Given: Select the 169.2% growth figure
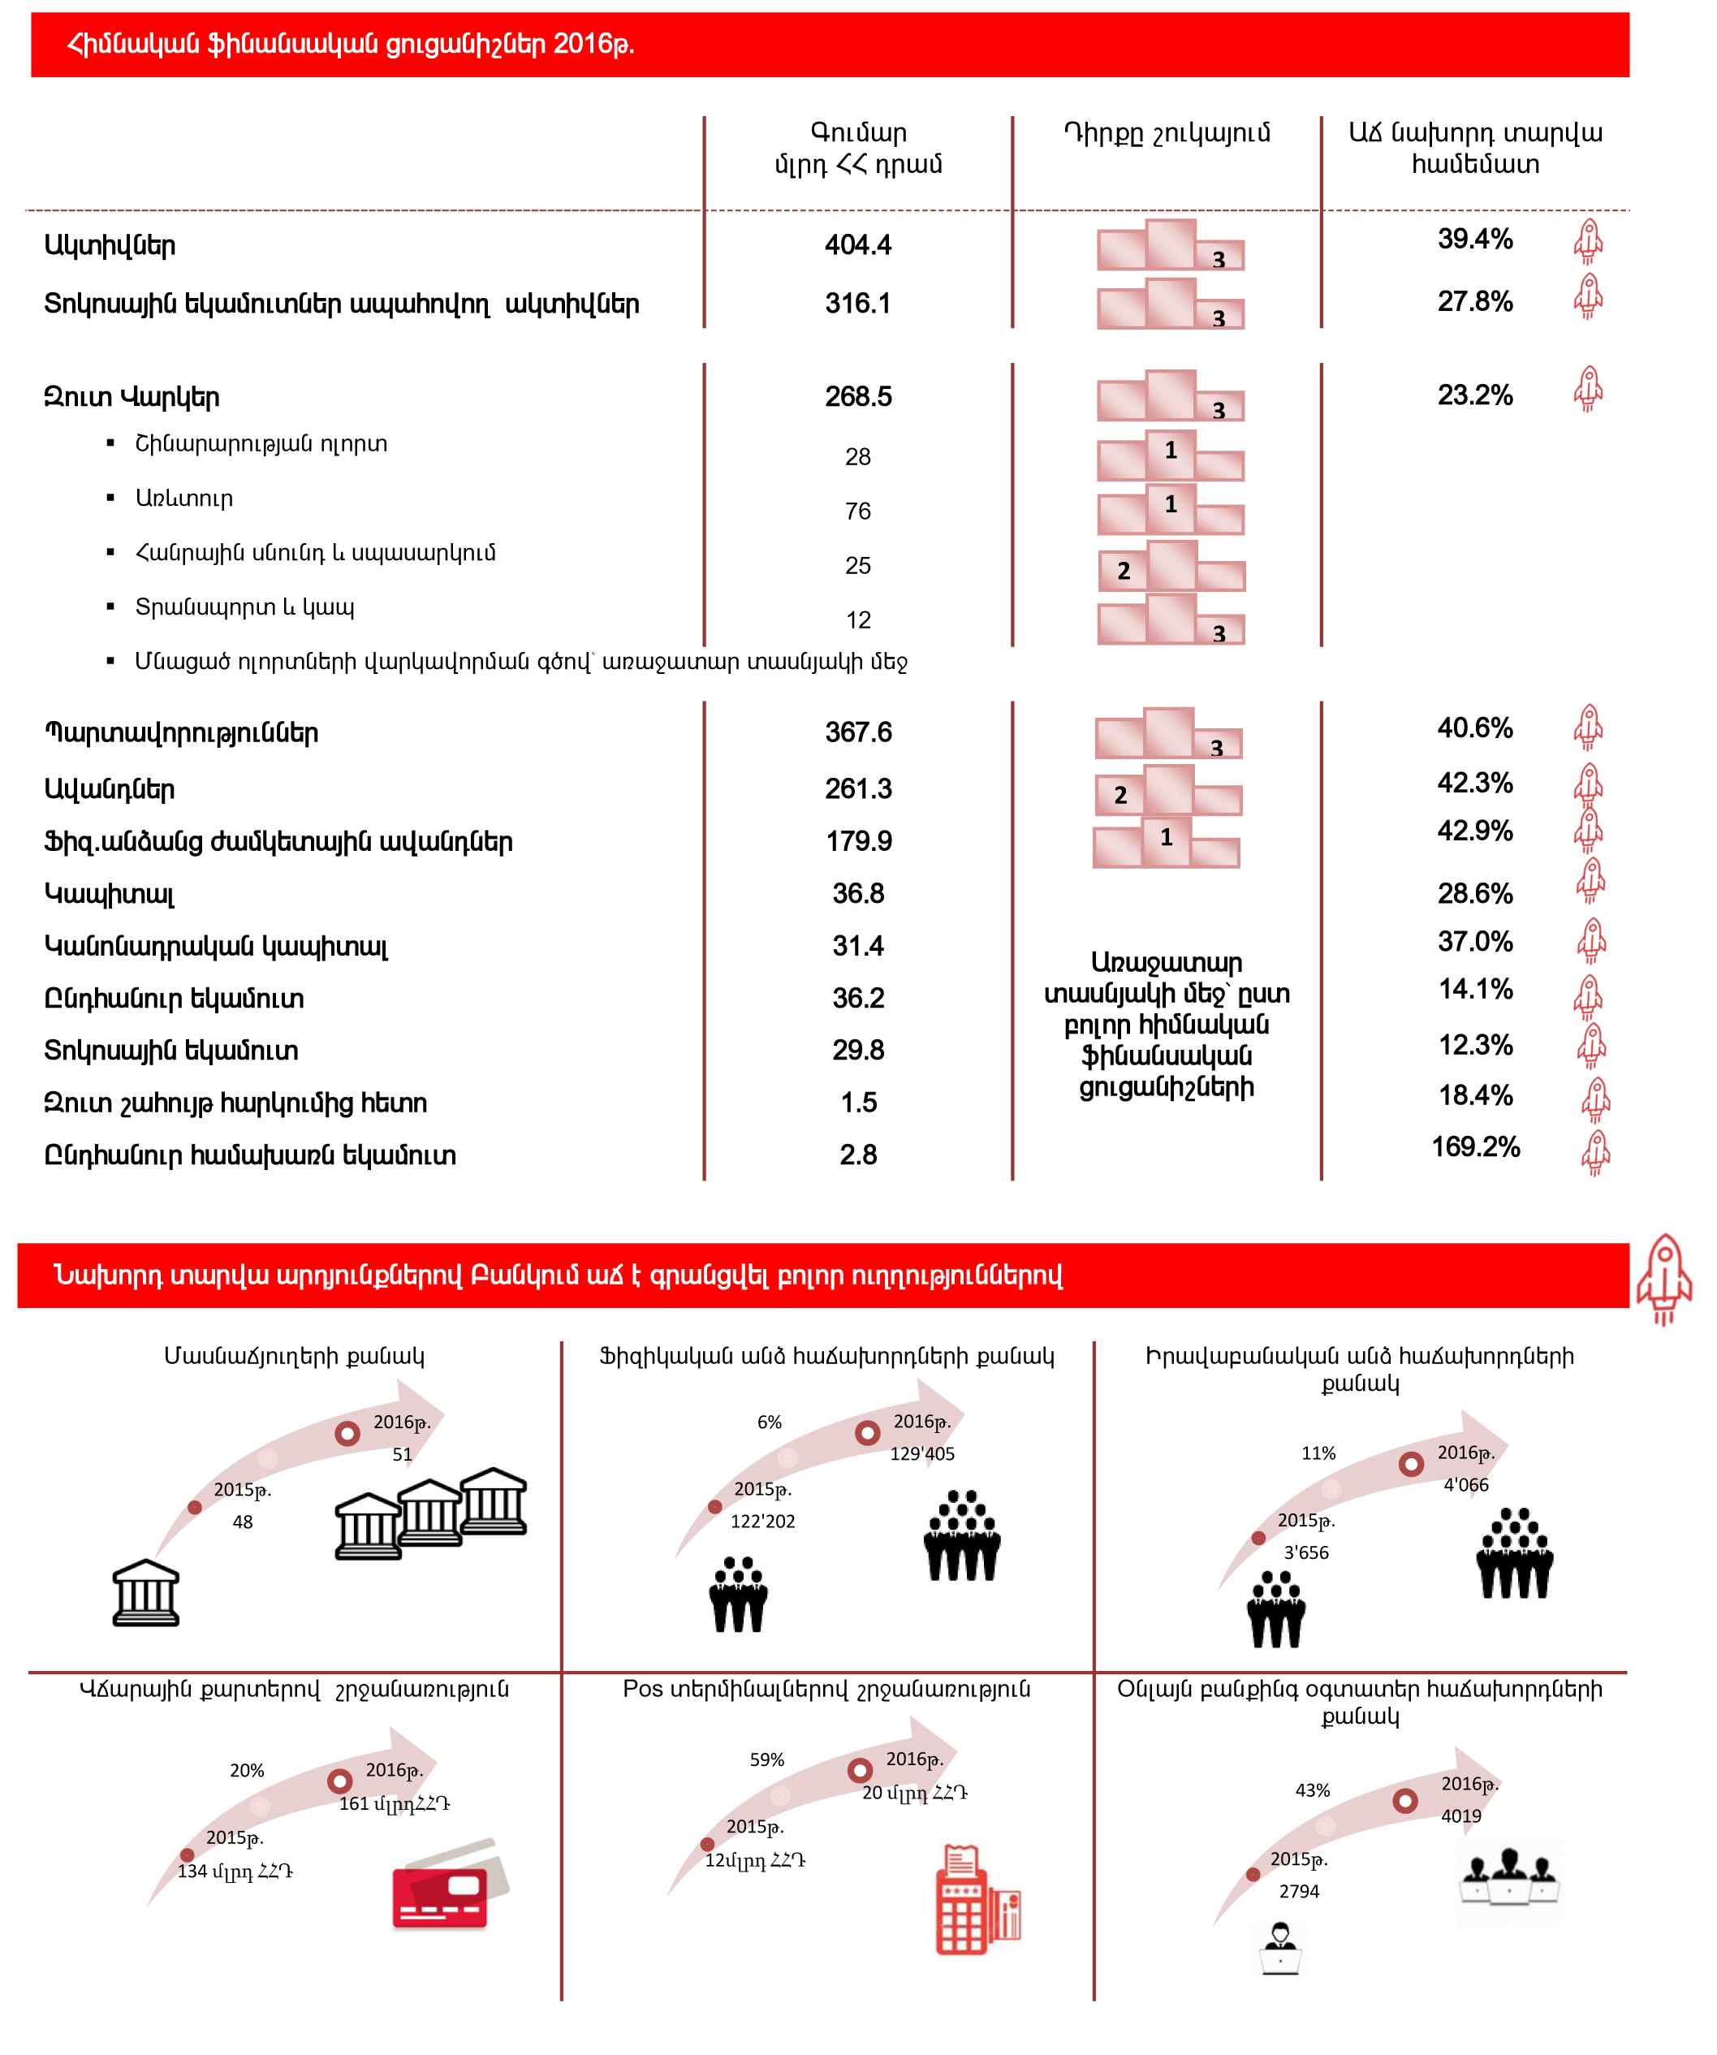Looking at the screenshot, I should [1474, 1147].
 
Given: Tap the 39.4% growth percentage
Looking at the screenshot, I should [1474, 239].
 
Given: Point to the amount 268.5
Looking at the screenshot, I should [857, 396].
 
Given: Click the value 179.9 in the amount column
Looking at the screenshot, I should [858, 842].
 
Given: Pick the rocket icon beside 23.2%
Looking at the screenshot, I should [1588, 390].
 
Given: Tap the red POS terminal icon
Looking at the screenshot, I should [977, 1902].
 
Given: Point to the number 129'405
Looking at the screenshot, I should [921, 1454].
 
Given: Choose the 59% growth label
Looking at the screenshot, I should [767, 1759].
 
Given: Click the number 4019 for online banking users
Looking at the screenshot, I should [1460, 1816].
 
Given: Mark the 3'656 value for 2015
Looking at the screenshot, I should [1306, 1553].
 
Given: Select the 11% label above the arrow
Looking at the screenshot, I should [1318, 1453].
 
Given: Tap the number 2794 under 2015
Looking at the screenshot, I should [1298, 1892].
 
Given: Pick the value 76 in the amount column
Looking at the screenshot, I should [857, 511].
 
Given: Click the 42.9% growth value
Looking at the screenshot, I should [1474, 831].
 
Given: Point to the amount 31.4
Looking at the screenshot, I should [857, 946].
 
